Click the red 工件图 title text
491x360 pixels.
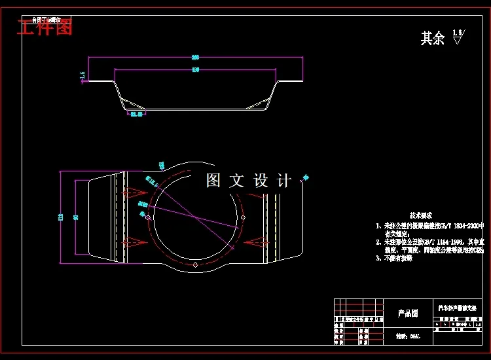click(45, 28)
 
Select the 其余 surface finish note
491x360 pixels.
click(432, 39)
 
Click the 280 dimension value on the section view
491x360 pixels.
click(195, 57)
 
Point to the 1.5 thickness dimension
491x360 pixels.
click(83, 76)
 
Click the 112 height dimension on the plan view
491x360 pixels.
click(61, 217)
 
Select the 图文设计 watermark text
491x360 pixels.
click(248, 181)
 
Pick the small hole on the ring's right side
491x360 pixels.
click(243, 217)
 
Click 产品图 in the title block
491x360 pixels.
click(408, 314)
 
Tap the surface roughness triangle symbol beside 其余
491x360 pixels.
click(457, 38)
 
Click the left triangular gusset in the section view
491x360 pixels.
click(132, 103)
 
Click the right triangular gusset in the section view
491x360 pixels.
click(259, 103)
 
